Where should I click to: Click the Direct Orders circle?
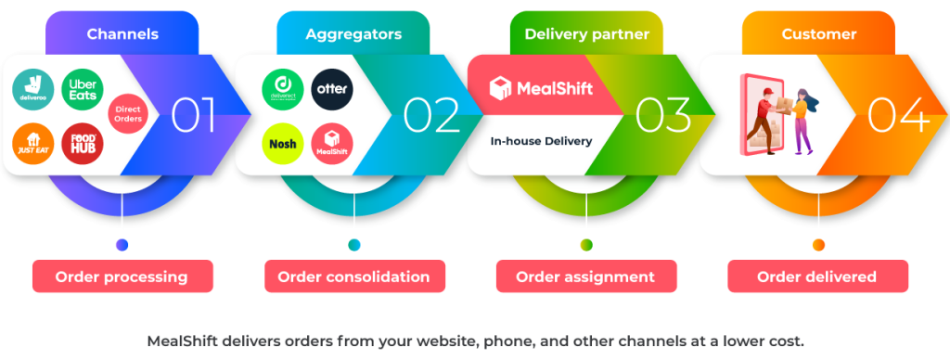point(128,115)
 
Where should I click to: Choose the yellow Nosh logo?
point(283,144)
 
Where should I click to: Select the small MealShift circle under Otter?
point(331,144)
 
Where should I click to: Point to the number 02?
point(430,115)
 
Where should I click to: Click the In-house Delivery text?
point(541,142)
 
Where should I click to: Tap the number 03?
point(662,115)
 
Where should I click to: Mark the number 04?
point(896,115)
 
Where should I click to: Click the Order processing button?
point(122,276)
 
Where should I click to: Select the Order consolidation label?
point(353,276)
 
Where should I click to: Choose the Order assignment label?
point(585,276)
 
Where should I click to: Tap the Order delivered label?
point(816,276)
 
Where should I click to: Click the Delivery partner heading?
point(585,34)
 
